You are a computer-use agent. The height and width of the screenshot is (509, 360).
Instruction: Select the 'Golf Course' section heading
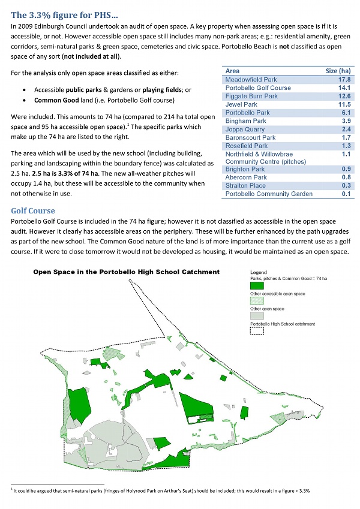point(33,211)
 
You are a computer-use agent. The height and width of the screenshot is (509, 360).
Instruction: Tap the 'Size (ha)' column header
point(338,71)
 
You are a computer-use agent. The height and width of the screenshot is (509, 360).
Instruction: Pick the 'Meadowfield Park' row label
point(251,79)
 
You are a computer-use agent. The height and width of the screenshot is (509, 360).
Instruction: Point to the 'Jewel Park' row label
point(241,104)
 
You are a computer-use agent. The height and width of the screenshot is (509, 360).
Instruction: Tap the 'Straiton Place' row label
point(245,186)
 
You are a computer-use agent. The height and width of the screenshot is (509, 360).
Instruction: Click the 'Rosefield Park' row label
point(246,146)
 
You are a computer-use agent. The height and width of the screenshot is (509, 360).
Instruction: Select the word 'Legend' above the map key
point(258,272)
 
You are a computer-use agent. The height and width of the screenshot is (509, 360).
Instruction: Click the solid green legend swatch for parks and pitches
point(256,285)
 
